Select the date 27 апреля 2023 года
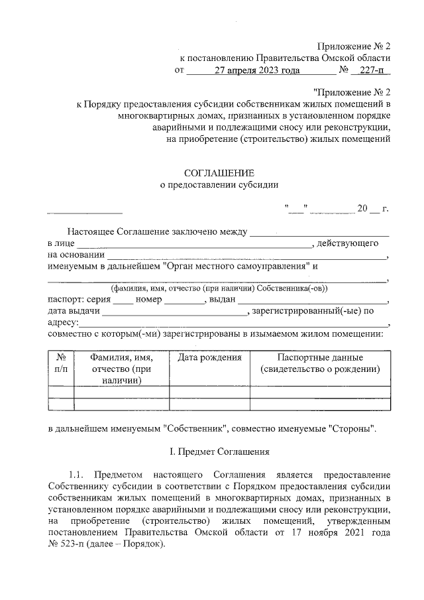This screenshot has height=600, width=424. coord(258,70)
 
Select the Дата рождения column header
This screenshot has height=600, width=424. coord(209,357)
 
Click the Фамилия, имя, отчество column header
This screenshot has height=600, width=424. coord(121,369)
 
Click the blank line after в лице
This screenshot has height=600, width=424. coord(195,244)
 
